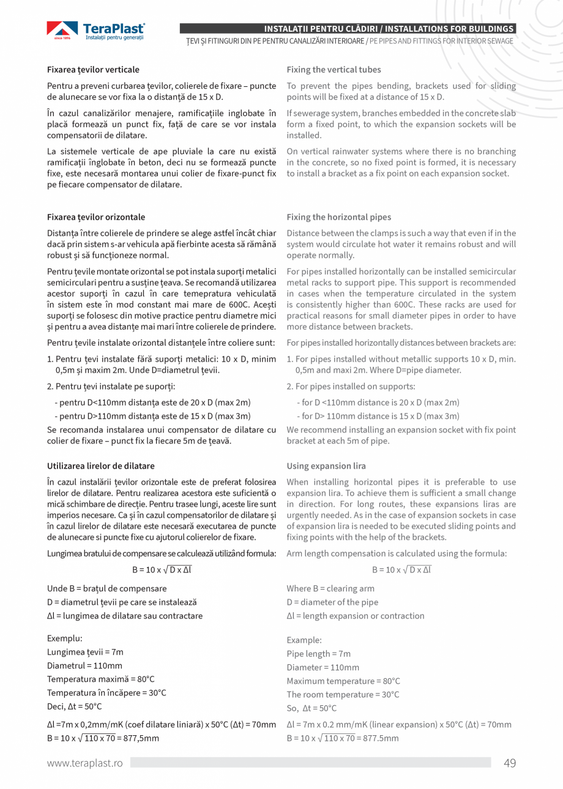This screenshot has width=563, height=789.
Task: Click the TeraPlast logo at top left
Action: [96, 31]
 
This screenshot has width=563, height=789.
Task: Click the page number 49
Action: [510, 762]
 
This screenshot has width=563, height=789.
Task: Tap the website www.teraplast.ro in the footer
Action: [85, 763]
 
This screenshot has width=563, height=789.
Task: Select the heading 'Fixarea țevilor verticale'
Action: [93, 70]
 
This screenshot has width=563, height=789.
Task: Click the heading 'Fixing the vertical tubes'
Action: [334, 70]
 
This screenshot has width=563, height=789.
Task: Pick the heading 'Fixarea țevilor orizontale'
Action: [96, 217]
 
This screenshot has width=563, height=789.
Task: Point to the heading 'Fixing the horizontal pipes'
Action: [338, 217]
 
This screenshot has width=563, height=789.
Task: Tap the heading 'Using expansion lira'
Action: [326, 466]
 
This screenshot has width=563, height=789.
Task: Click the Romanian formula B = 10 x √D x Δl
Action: [162, 570]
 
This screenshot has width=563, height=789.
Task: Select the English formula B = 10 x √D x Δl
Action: [401, 570]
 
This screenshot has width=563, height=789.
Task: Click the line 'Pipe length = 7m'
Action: [318, 654]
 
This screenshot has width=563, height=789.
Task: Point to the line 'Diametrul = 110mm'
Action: [84, 665]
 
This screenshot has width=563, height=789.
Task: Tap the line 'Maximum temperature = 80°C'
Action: [343, 681]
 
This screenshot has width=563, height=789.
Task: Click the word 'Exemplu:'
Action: [64, 638]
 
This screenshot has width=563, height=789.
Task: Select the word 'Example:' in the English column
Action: [304, 640]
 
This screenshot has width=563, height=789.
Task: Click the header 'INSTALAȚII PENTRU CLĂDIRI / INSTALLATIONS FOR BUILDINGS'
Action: [388, 29]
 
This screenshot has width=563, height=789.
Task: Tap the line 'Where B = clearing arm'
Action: [330, 588]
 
